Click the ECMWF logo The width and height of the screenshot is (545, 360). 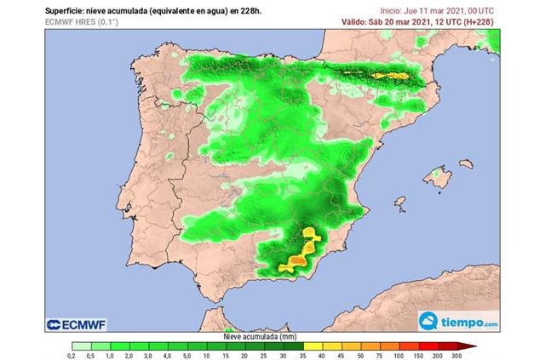tap(82, 323)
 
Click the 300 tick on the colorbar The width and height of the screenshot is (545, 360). tap(456, 355)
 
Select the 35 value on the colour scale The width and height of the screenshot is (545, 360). tap(302, 355)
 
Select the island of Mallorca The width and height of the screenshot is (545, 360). tap(438, 178)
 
